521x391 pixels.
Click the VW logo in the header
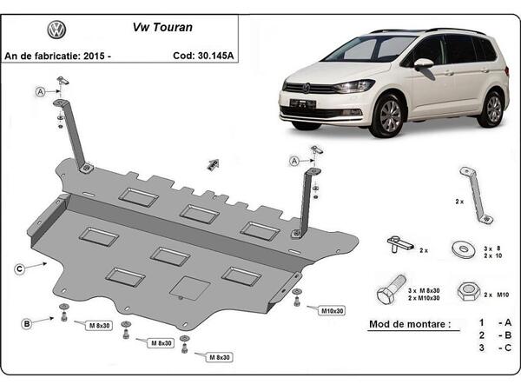[x=56, y=30]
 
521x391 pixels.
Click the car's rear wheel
[x=493, y=108]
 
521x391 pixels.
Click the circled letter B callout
[x=27, y=324]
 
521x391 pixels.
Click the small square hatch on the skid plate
[x=188, y=288]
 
